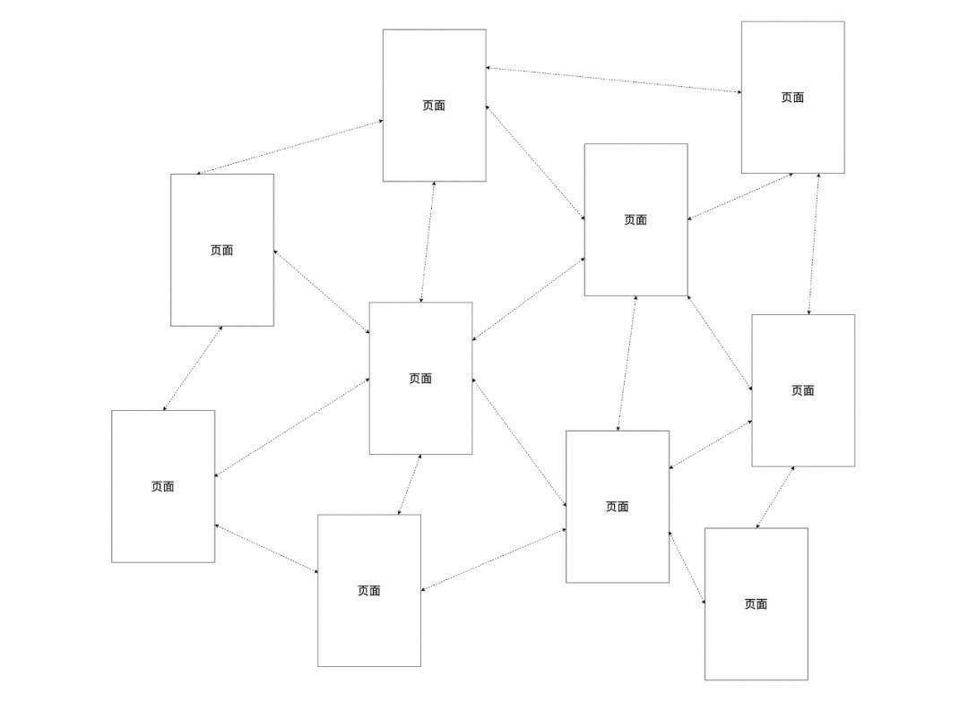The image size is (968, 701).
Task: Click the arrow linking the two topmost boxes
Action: (614, 81)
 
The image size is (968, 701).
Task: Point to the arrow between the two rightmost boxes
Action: (814, 244)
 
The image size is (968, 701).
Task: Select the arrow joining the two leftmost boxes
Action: (193, 368)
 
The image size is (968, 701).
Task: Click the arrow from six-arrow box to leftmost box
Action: (292, 427)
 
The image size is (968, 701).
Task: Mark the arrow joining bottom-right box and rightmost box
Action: (774, 498)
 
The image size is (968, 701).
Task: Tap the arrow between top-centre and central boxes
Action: (428, 242)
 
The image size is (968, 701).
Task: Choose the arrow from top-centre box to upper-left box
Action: (290, 148)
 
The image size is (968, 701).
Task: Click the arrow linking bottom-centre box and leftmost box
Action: (266, 549)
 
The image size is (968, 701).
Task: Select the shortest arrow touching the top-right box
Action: (740, 196)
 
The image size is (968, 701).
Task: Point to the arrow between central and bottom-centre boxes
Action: (410, 484)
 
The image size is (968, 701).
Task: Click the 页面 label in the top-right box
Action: (792, 98)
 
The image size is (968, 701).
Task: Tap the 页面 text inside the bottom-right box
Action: (756, 604)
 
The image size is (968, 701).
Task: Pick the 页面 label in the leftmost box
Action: (163, 486)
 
